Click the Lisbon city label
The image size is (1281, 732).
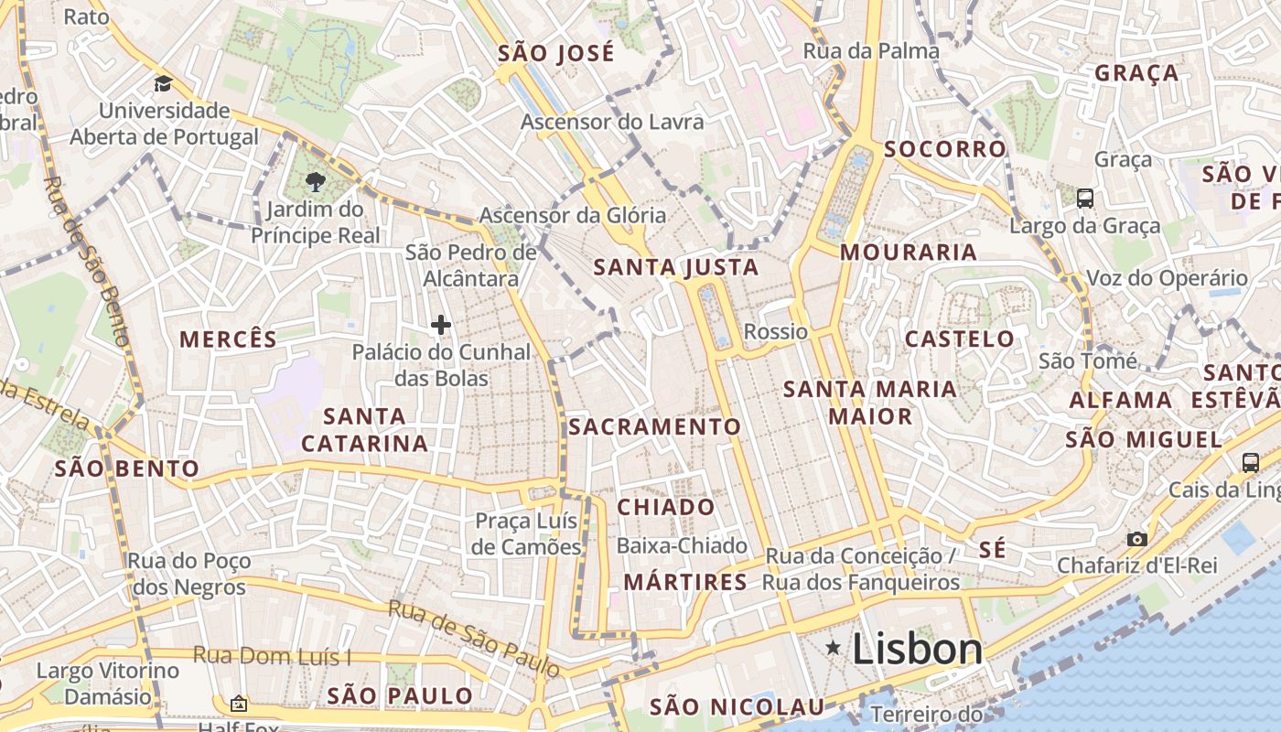click(917, 649)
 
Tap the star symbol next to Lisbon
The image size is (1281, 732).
click(834, 648)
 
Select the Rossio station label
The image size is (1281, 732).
click(776, 331)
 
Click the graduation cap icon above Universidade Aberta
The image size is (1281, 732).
click(163, 84)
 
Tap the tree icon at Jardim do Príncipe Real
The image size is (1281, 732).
click(316, 181)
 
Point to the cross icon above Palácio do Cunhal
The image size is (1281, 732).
click(441, 324)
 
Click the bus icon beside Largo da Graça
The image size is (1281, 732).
click(1084, 198)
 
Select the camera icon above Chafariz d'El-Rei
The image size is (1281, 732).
click(1136, 539)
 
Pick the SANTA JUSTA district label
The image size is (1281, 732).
click(676, 267)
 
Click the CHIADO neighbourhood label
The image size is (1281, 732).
click(666, 507)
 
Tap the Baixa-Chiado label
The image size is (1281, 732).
click(683, 546)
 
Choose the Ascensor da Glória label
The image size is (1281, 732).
click(573, 216)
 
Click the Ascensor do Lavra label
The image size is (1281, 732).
click(612, 122)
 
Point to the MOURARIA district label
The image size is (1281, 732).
click(909, 252)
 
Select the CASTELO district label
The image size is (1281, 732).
click(959, 339)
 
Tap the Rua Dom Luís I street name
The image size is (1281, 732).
click(272, 656)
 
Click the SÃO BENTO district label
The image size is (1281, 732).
click(126, 468)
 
